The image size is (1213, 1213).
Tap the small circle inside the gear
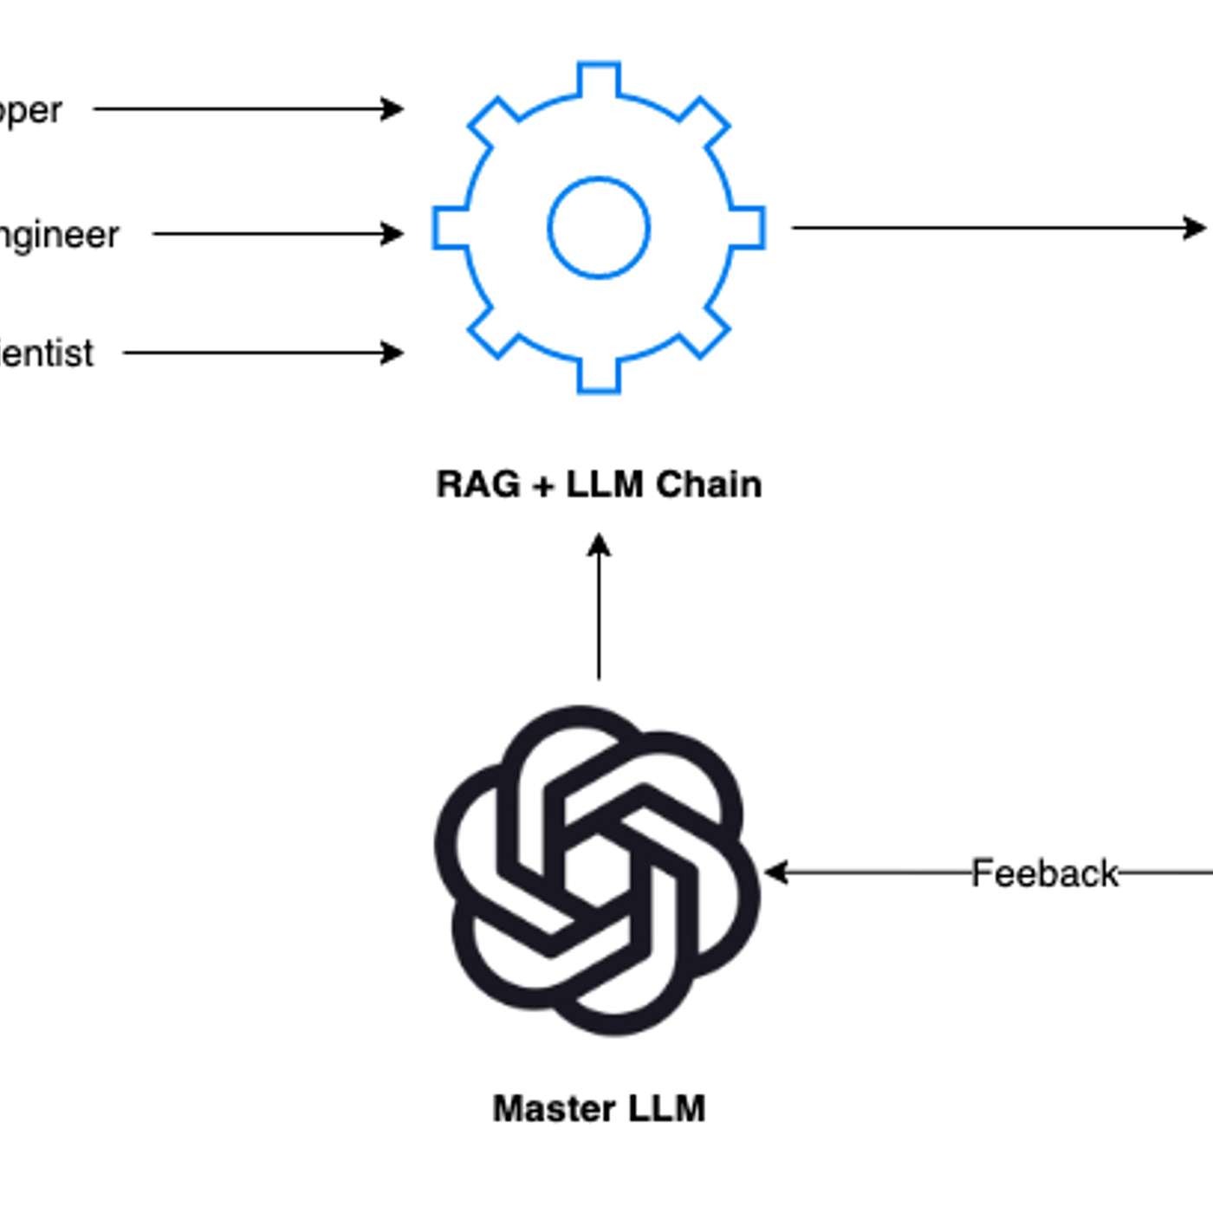(599, 228)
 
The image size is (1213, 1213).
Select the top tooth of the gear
(599, 78)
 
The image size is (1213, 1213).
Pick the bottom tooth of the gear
(599, 377)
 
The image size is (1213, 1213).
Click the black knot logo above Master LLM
(597, 871)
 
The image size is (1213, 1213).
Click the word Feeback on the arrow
(1045, 873)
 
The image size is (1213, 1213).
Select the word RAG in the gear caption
(477, 484)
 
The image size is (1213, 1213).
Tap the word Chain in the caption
(709, 484)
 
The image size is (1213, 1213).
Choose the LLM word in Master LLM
(666, 1109)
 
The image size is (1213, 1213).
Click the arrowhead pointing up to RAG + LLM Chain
(599, 545)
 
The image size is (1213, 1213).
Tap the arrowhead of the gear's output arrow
(1195, 228)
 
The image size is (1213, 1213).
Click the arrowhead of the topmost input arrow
(392, 109)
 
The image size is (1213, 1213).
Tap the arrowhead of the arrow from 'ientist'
(392, 353)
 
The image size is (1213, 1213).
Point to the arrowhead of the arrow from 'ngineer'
(392, 234)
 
